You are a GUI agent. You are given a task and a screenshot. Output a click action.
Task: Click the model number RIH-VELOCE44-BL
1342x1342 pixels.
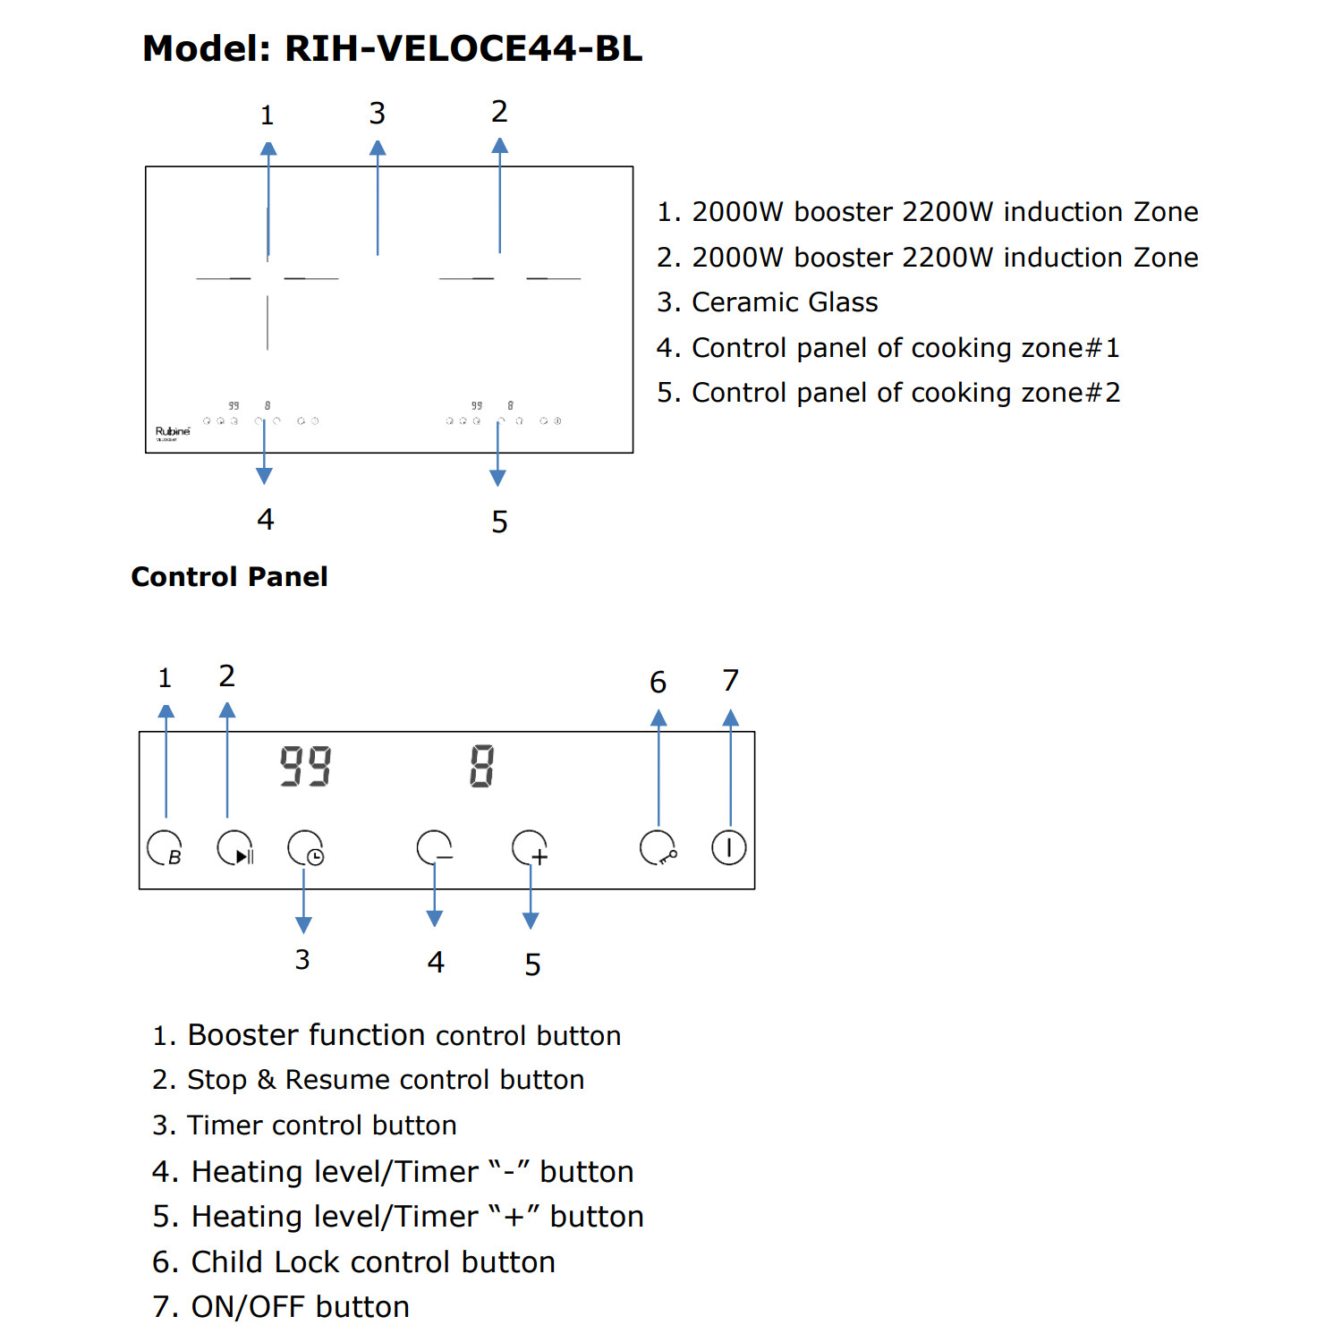tap(463, 48)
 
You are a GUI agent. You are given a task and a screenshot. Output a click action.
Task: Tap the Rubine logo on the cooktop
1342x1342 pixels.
tap(173, 432)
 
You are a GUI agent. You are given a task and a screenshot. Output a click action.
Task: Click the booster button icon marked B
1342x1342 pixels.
tap(165, 848)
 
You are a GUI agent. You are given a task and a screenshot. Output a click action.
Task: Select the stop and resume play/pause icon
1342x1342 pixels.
tap(235, 848)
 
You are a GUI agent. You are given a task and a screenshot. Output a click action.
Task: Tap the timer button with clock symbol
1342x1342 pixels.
tap(305, 848)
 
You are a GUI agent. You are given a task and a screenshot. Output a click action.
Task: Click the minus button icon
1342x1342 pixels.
tap(435, 848)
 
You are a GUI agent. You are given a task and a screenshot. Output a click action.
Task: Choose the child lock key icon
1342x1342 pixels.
tap(658, 848)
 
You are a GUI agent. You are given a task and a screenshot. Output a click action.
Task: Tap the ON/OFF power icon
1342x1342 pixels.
tap(729, 847)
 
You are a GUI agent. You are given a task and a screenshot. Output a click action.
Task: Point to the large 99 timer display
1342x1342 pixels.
tap(305, 767)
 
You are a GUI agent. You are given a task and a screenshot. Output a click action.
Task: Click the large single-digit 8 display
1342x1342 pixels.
tap(481, 767)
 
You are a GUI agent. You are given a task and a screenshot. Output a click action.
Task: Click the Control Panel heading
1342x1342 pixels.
tap(229, 577)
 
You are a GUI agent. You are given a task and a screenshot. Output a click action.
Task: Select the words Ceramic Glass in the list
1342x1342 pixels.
tap(785, 302)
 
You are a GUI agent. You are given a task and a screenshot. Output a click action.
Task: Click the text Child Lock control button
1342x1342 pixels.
tap(373, 1262)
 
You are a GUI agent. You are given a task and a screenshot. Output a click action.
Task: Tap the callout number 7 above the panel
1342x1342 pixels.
tap(730, 681)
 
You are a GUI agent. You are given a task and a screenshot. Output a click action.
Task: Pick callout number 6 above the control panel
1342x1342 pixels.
tap(658, 683)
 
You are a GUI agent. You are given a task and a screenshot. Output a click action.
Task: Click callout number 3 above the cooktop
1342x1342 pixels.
tap(378, 114)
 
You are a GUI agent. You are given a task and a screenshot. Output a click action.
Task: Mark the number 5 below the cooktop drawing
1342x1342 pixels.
tap(499, 522)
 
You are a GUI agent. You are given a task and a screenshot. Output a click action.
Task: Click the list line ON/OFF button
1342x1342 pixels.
tap(300, 1307)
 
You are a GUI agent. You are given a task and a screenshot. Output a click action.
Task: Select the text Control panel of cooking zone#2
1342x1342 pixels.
tap(905, 393)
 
